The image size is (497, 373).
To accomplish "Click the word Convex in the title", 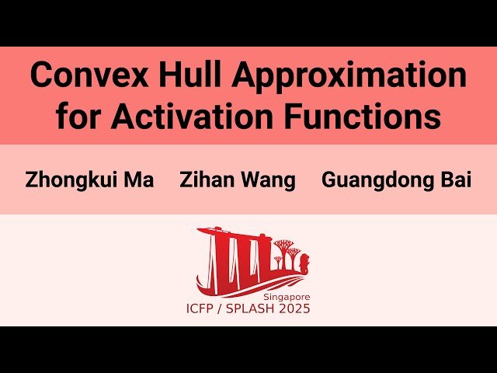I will (83, 75).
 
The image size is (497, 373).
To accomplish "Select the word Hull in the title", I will (182, 75).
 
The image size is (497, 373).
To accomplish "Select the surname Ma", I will (138, 180).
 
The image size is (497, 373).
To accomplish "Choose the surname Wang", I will (266, 180).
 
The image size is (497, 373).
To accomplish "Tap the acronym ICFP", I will (204, 309).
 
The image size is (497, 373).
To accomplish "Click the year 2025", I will (296, 309).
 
